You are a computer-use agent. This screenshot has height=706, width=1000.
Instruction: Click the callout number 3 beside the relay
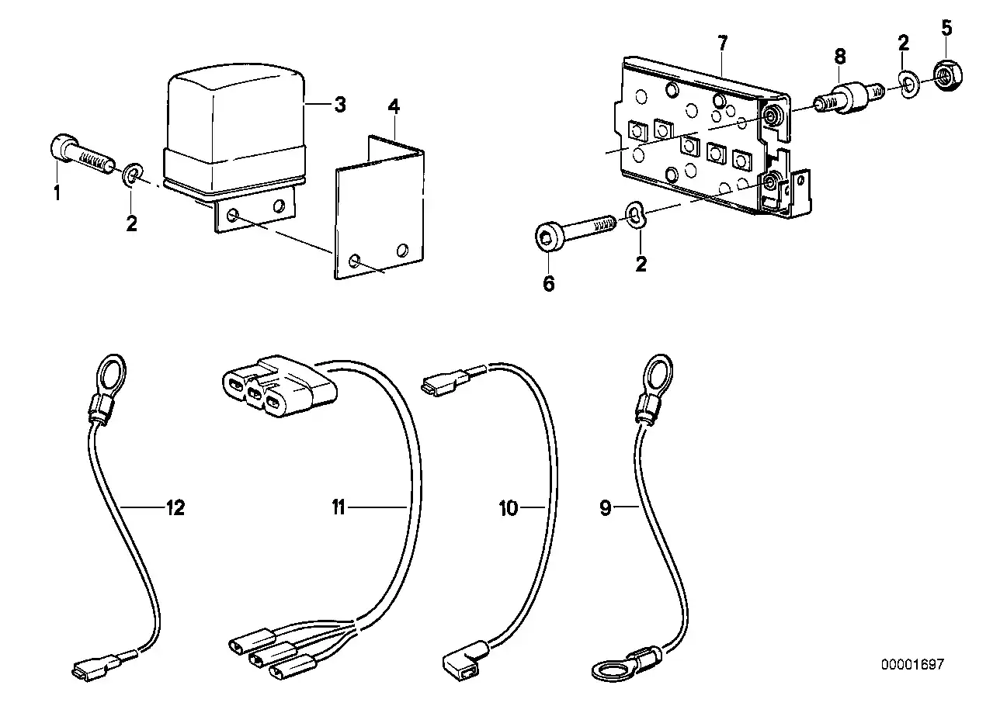[339, 105]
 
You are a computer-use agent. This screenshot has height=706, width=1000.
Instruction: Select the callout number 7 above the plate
[722, 43]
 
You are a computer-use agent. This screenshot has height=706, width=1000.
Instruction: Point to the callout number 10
[509, 509]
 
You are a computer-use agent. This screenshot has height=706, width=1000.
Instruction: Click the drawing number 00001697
[912, 664]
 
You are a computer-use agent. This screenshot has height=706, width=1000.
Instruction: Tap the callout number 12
[175, 509]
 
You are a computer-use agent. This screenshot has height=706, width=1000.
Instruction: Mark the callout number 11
[339, 509]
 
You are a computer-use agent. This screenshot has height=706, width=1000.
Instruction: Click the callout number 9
[606, 509]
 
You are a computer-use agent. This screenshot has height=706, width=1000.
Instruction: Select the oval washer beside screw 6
[635, 216]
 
